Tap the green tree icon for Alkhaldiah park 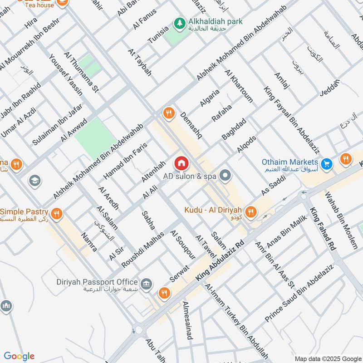coord(180,22)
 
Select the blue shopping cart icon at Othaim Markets coord(326,163)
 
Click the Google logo coord(19,356)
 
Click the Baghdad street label coord(234,129)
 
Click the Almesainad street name coord(186,320)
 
